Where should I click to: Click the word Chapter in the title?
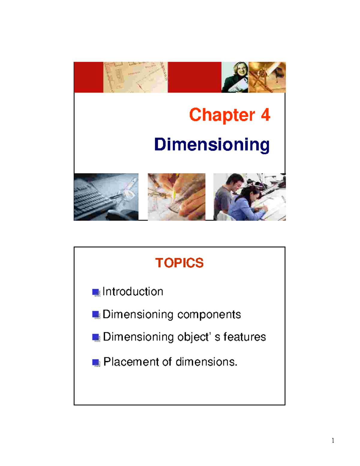222,115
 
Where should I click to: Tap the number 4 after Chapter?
265,115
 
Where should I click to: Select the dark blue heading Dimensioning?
212,145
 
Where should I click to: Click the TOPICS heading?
179,263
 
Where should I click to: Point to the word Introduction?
133,292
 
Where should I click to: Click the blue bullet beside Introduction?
96,292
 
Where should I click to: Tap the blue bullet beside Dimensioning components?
96,315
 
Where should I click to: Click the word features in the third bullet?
244,337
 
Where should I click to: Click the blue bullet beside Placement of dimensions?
96,362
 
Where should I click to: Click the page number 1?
333,440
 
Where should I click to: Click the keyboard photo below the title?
106,197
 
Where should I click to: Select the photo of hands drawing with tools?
176,197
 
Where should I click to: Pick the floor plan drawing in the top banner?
135,77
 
